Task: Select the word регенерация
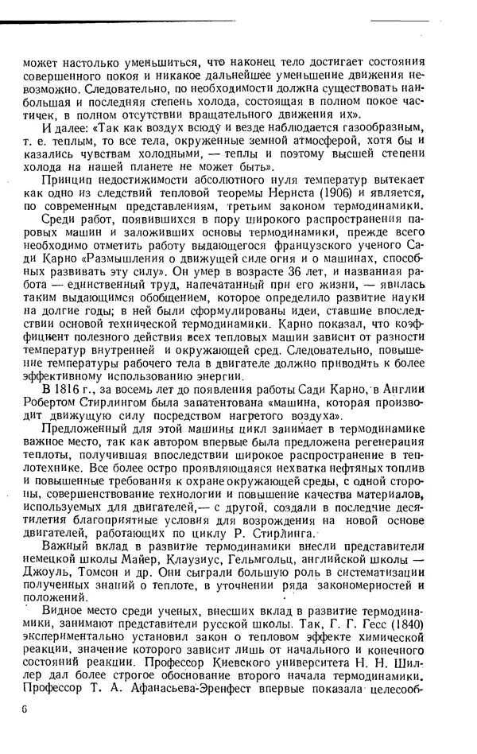[388, 439]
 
